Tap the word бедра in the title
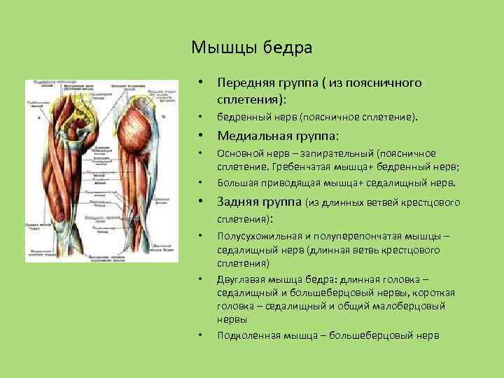287,48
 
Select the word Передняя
244,83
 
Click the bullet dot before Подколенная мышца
200,335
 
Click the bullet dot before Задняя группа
200,204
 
